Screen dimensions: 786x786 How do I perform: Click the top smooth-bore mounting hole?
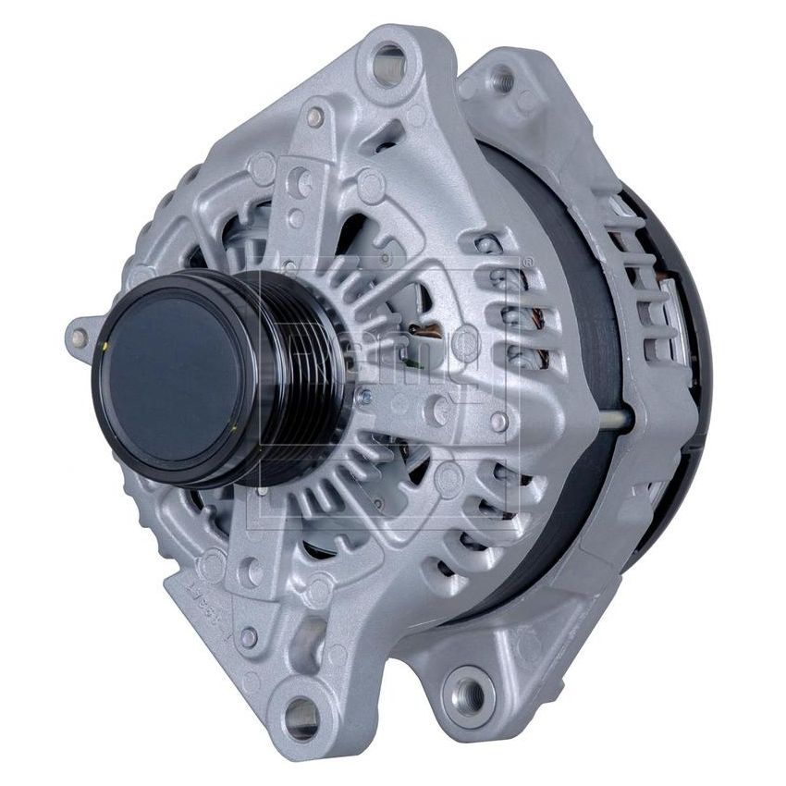[388, 65]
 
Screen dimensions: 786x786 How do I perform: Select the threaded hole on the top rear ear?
[501, 78]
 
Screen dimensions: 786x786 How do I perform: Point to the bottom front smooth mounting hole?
[301, 713]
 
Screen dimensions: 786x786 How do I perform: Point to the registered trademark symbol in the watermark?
[528, 263]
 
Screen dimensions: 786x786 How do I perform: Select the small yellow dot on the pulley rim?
[108, 345]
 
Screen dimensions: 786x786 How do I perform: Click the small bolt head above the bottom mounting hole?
[248, 636]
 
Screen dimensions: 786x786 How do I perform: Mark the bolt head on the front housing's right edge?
[499, 422]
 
